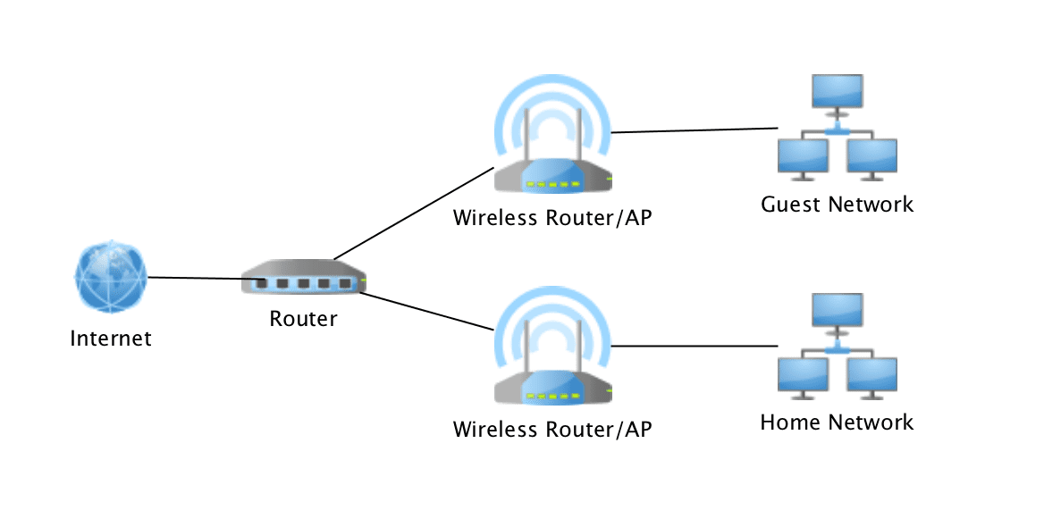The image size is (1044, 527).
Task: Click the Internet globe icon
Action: pyautogui.click(x=108, y=277)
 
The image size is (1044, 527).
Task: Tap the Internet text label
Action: pyautogui.click(x=111, y=339)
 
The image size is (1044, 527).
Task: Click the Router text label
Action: pyautogui.click(x=303, y=319)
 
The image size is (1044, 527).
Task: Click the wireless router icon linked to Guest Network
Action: pyautogui.click(x=553, y=148)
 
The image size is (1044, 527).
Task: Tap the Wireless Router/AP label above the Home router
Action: pyautogui.click(x=551, y=218)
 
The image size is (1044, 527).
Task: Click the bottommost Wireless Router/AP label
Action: pyautogui.click(x=551, y=430)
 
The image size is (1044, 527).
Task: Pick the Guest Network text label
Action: pyautogui.click(x=837, y=205)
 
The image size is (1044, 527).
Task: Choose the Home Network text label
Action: pyautogui.click(x=837, y=422)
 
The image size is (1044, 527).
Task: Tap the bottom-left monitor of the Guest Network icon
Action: pyautogui.click(x=803, y=157)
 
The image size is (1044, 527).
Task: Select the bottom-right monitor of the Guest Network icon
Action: pyautogui.click(x=871, y=157)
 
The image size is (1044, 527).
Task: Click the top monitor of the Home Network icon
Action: pyautogui.click(x=837, y=311)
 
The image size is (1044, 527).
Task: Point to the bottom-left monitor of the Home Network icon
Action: pyautogui.click(x=803, y=375)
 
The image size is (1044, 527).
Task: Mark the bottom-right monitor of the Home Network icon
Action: pyautogui.click(x=871, y=375)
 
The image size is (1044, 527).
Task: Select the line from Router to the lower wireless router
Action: pyautogui.click(x=426, y=311)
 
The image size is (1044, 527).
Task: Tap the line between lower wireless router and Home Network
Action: pyautogui.click(x=695, y=346)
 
